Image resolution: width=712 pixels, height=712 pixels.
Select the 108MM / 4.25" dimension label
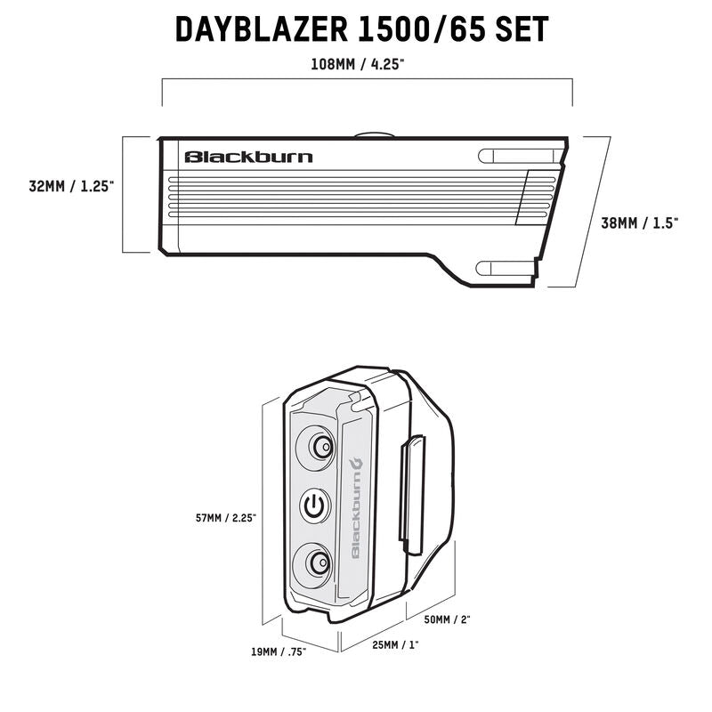(x=365, y=64)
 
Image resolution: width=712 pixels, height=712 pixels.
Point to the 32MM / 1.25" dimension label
(x=70, y=187)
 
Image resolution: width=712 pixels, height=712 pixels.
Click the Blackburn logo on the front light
(x=248, y=157)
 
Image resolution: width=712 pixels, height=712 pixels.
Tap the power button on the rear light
(x=316, y=506)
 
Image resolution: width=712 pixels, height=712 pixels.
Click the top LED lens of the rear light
(x=317, y=447)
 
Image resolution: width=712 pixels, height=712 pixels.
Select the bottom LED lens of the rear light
(x=316, y=563)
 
